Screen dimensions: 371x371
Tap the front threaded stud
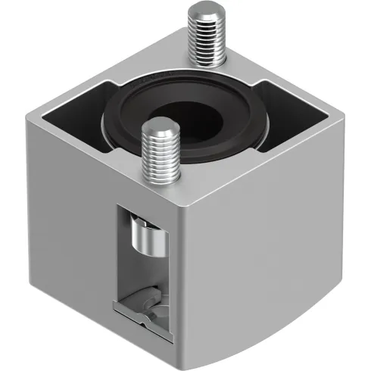161,155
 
